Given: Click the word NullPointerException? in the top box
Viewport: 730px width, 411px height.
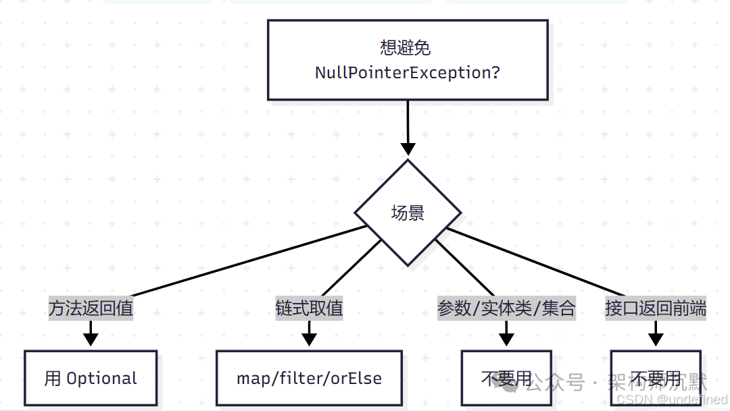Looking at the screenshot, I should click(407, 73).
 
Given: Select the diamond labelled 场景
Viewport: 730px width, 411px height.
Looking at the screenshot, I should click(408, 213).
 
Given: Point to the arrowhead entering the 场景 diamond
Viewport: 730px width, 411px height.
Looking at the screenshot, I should click(408, 148).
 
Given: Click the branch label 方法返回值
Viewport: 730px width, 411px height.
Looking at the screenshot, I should click(91, 308).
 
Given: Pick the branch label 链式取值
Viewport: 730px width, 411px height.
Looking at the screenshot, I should click(309, 308).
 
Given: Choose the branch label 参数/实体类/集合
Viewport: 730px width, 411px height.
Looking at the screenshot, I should click(506, 308).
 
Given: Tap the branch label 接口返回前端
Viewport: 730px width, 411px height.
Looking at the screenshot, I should click(656, 308).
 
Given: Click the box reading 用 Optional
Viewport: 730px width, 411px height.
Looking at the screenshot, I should click(91, 378).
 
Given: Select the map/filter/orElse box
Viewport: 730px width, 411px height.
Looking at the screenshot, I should click(309, 378).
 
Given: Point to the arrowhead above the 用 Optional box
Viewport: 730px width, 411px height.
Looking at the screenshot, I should click(91, 338).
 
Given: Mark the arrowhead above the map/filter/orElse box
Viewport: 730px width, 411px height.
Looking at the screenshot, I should click(309, 338).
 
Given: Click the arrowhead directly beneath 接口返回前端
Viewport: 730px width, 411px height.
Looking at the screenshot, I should click(656, 338).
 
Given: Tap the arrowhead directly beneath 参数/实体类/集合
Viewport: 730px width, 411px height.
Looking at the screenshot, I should click(506, 338).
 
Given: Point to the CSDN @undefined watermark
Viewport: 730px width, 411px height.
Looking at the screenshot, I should click(673, 400).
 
